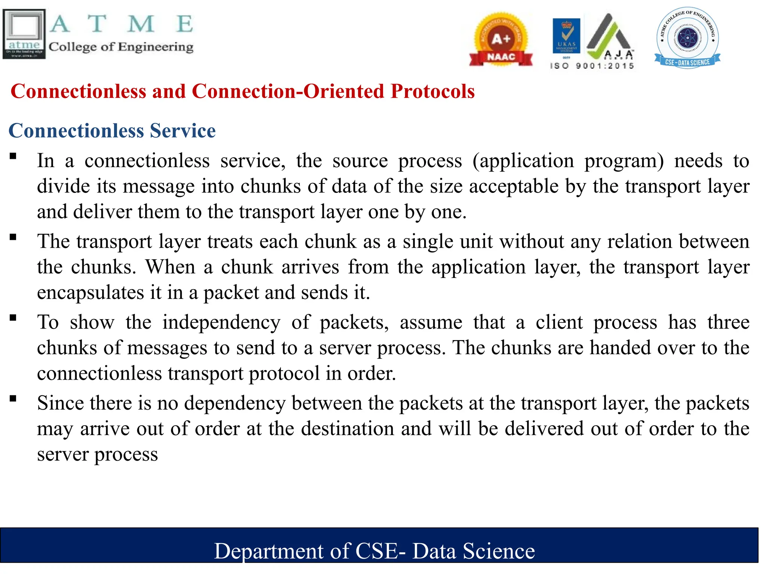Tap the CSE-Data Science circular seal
(687, 37)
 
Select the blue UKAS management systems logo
(566, 36)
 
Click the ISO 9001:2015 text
(592, 66)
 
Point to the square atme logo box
(24, 34)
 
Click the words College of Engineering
(121, 47)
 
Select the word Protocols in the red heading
(432, 91)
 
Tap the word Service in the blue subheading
(183, 130)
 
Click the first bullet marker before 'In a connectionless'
(13, 156)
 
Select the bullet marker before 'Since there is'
(13, 398)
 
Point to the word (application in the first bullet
(523, 161)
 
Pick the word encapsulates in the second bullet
(91, 292)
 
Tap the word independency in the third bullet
(221, 322)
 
